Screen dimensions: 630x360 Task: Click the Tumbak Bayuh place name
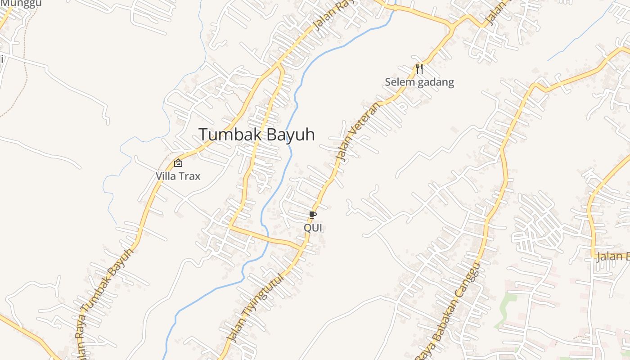pos(256,135)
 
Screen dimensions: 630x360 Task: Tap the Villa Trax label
pos(178,176)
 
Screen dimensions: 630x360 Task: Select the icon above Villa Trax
pos(178,163)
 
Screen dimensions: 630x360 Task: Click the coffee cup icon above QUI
pos(313,215)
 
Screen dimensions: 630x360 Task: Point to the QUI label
pos(313,228)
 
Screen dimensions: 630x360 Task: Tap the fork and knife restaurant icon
pos(419,69)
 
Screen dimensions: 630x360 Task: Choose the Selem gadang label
pos(419,82)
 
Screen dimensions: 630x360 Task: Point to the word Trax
pos(190,176)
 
